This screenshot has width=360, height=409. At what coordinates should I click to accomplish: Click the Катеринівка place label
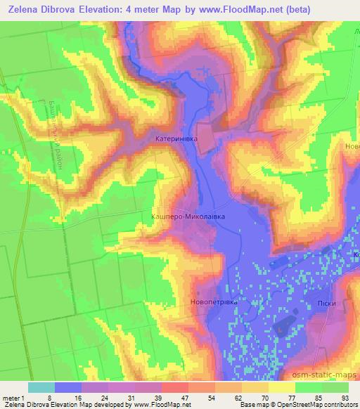pos(176,140)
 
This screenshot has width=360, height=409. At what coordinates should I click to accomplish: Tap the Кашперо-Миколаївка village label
pos(188,217)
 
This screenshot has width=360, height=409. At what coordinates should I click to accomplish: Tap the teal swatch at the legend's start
pos(41,387)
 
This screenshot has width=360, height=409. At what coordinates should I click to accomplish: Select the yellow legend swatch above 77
pos(282,387)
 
